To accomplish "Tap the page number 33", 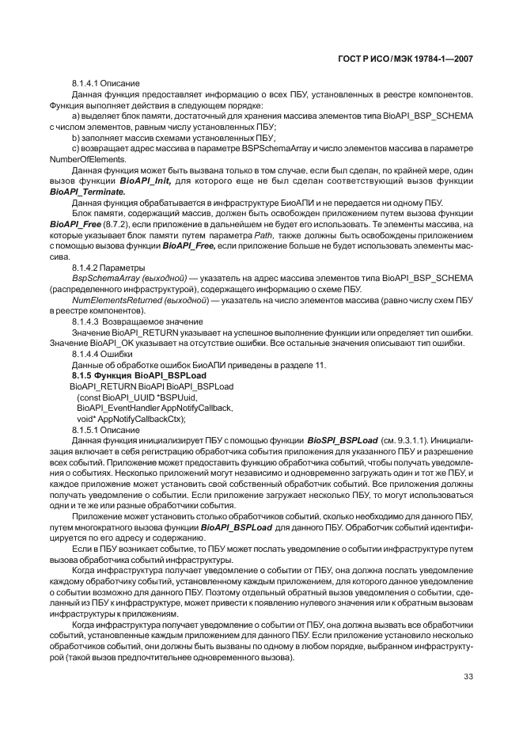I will tap(467, 676).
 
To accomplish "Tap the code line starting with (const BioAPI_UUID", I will tap(131, 397).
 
